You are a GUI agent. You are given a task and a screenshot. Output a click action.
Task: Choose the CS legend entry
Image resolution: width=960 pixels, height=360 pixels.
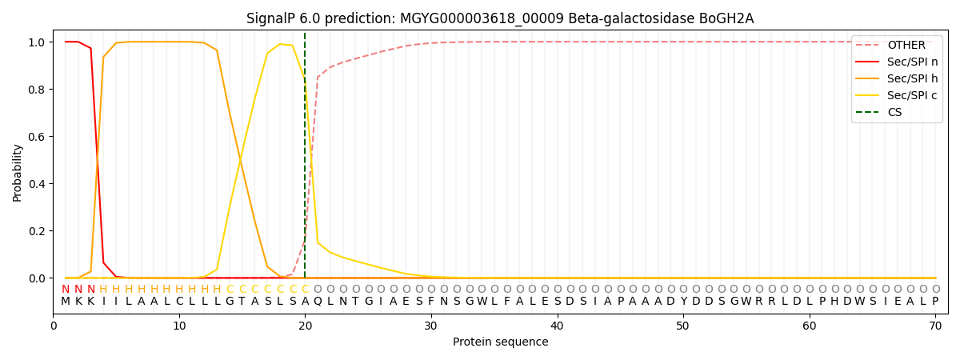(x=894, y=112)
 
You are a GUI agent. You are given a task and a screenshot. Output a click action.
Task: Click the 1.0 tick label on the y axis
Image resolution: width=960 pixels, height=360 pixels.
(x=37, y=42)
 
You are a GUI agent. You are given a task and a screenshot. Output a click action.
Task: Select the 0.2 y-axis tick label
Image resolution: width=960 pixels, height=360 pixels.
(x=37, y=231)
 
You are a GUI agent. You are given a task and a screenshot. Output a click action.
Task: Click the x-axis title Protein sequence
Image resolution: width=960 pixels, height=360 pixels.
(x=500, y=342)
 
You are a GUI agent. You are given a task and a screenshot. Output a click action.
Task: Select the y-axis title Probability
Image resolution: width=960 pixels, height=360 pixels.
(x=18, y=173)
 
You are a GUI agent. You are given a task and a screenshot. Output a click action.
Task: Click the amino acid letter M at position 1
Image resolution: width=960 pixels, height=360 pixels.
(x=66, y=302)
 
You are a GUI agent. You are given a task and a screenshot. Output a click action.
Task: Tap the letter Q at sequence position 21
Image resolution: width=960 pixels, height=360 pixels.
(x=318, y=302)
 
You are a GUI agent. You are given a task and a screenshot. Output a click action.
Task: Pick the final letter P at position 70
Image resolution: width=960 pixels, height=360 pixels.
(x=935, y=302)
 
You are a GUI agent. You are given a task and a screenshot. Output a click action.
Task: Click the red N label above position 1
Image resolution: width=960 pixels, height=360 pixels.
(x=66, y=289)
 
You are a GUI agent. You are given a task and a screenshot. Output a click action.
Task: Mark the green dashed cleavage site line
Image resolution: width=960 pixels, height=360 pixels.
(x=305, y=160)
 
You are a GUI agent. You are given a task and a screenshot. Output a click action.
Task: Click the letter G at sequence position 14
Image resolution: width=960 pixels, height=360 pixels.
(x=230, y=302)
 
